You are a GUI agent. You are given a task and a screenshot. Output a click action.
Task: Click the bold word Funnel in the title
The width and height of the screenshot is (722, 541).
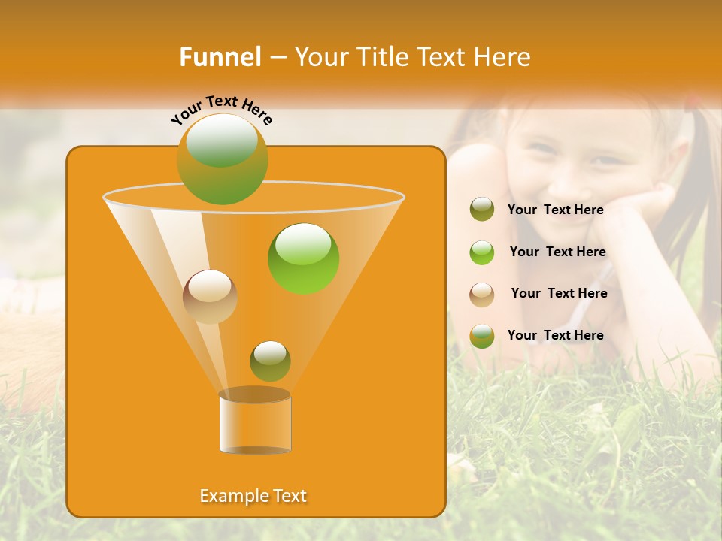coord(220,57)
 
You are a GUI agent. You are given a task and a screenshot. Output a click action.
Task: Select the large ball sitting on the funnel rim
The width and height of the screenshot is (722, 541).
coord(222,159)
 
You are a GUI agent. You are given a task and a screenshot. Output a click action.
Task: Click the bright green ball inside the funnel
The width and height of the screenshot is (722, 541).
coord(303,258)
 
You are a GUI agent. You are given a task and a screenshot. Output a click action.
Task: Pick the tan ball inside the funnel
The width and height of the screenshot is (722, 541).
coord(210,296)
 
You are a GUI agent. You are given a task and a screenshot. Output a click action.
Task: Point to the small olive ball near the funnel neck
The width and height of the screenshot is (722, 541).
coord(270,361)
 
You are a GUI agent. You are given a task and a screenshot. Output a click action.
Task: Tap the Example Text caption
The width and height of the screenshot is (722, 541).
coord(253,496)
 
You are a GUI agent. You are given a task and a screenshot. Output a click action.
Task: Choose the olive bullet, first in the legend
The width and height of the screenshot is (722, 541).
coord(482,209)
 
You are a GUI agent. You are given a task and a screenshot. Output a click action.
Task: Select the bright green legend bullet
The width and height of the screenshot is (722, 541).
coord(482,252)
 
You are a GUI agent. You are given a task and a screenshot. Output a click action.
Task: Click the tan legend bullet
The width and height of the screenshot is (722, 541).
coord(482,294)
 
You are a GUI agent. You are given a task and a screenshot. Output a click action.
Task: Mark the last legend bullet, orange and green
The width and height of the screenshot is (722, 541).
coord(482,335)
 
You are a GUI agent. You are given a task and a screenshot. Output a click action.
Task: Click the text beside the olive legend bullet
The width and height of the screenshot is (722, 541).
coord(555,210)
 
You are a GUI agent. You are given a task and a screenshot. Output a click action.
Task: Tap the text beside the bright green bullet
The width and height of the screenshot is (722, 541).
coord(557,252)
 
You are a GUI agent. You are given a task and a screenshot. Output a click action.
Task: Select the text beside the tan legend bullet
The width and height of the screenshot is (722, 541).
coord(559,293)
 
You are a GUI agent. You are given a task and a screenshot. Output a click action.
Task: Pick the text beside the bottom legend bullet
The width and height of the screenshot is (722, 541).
coord(555,335)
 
